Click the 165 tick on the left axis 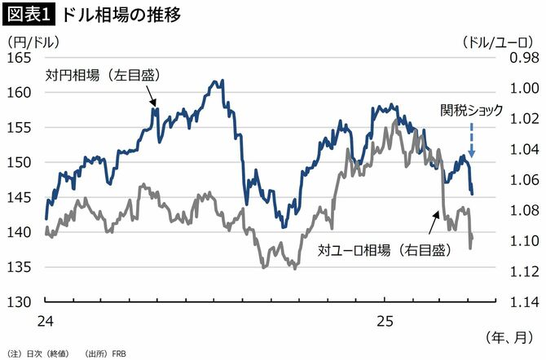[19, 58]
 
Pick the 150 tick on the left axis [19, 162]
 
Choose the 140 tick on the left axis [19, 232]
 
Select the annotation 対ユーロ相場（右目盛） [384, 251]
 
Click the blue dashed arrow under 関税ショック [472, 140]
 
